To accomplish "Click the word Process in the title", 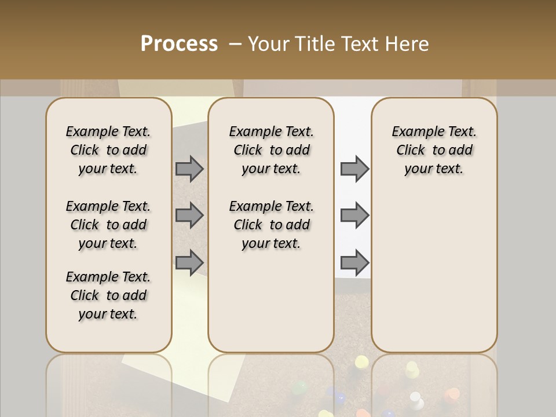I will (179, 44).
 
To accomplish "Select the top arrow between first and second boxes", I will (189, 169).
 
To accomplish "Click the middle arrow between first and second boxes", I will (189, 215).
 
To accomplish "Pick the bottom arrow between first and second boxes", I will (189, 262).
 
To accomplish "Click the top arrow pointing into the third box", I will (354, 169).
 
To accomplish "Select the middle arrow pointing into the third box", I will (354, 215).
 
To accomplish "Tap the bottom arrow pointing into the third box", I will (354, 262).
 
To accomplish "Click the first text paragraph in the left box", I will (108, 150).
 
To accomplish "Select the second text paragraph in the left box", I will (108, 225).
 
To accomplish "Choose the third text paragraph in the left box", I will (108, 295).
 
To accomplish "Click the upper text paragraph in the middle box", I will (271, 150).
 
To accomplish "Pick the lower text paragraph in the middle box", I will (271, 225).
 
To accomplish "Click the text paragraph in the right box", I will (434, 150).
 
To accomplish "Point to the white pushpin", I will (415, 398).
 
